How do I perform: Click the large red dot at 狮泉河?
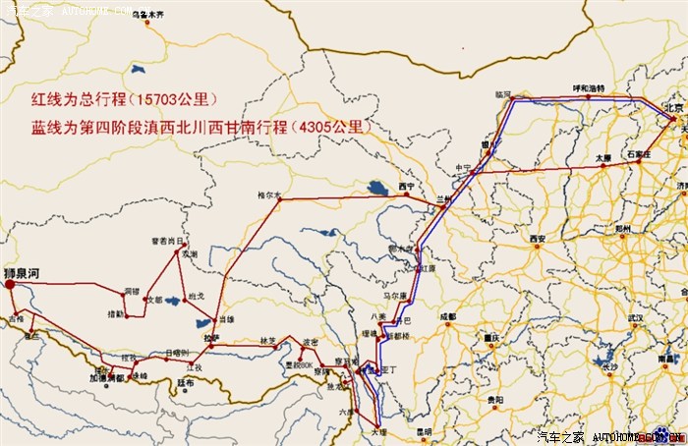(10, 283)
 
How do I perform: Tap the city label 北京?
(673, 108)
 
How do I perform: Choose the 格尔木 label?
(268, 194)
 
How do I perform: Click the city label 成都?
(448, 316)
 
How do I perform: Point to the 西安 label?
(537, 239)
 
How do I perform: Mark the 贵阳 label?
(494, 400)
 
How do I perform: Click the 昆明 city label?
(423, 432)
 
